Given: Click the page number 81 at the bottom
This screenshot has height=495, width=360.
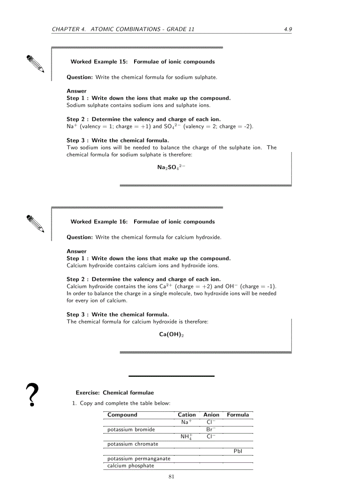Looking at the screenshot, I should pos(171,476).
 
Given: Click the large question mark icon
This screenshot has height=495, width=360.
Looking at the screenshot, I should pos(32,395).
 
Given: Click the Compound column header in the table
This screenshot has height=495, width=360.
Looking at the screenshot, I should pos(122,415).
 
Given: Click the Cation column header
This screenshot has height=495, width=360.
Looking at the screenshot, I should pos(187,415).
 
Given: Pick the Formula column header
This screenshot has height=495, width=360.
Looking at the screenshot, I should pos(238,415).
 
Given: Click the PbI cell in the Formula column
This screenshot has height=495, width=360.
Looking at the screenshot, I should pos(238,451).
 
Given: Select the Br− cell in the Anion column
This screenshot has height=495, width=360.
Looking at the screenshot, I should pos(211,429).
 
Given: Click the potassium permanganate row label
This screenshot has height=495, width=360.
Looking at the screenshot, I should pos(139,458).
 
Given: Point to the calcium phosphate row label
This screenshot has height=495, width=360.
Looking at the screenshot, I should pos(131,465).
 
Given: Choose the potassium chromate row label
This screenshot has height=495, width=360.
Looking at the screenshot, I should pos(132,444).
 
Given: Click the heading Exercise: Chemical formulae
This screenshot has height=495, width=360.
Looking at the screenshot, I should pos(115,393).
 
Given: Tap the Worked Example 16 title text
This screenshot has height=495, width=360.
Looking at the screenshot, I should pos(142,222).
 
